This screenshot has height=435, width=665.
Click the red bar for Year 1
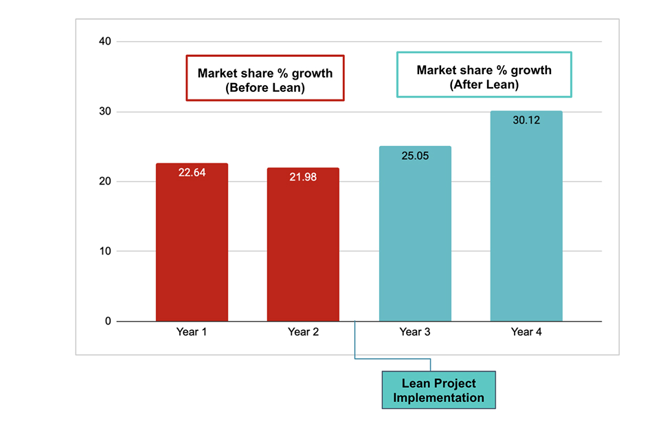pyautogui.click(x=192, y=247)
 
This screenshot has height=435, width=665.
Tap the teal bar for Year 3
pyautogui.click(x=415, y=240)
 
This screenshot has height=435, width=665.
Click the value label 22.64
pyautogui.click(x=192, y=173)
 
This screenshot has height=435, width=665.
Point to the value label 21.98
pyautogui.click(x=303, y=177)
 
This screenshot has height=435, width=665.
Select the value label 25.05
pyautogui.click(x=415, y=156)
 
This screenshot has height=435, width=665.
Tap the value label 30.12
pyautogui.click(x=526, y=121)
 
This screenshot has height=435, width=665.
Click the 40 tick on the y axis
pyautogui.click(x=104, y=42)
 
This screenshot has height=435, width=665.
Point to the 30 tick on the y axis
pyautogui.click(x=104, y=112)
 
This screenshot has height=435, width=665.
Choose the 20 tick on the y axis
pyautogui.click(x=104, y=182)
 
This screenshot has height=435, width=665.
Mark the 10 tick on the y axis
pyautogui.click(x=104, y=251)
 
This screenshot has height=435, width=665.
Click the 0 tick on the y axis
pyautogui.click(x=107, y=321)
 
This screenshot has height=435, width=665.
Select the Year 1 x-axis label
pyautogui.click(x=192, y=332)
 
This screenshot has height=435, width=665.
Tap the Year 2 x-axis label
pyautogui.click(x=303, y=332)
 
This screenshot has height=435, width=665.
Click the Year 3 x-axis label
pyautogui.click(x=415, y=332)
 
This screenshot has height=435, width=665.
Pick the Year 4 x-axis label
pyautogui.click(x=526, y=332)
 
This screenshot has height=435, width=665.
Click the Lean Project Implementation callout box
pyautogui.click(x=438, y=390)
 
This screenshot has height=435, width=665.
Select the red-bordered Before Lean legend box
pyautogui.click(x=265, y=79)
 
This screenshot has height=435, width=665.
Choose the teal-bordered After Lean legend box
pyautogui.click(x=484, y=75)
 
